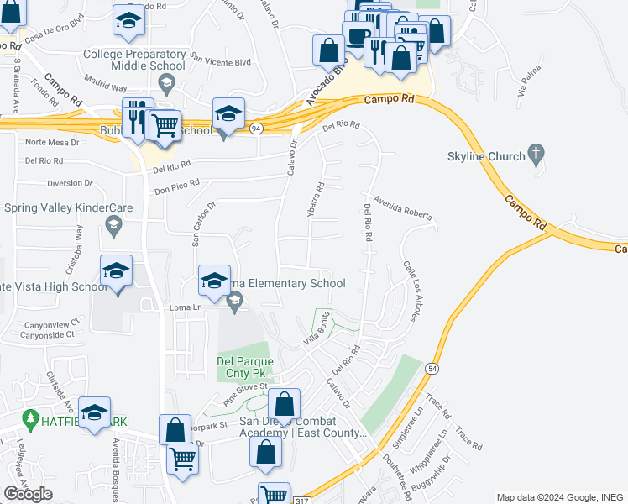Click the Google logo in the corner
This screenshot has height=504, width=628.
point(28,494)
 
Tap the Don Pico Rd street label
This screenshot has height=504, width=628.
point(176,186)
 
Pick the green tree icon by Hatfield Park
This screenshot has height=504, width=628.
point(32,417)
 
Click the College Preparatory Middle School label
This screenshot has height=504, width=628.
point(134,59)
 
